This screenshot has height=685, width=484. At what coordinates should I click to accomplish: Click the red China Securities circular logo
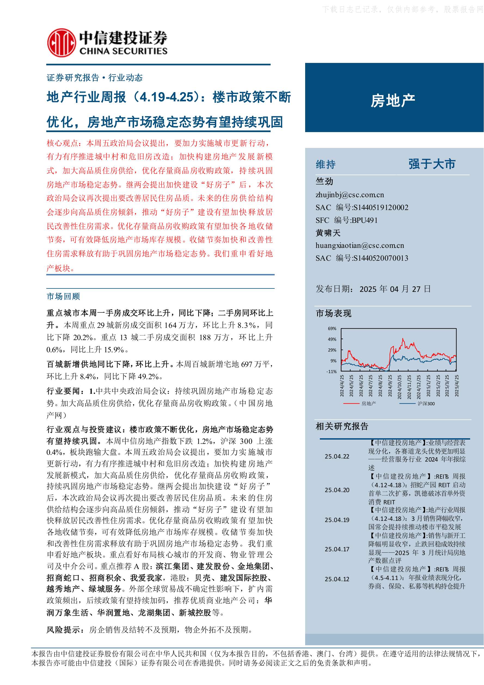click(x=61, y=43)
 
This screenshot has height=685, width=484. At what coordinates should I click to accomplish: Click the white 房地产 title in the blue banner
click(x=393, y=101)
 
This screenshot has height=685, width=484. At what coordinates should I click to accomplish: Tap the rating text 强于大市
click(x=432, y=164)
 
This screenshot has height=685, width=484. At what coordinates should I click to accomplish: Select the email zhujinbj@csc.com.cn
click(x=350, y=195)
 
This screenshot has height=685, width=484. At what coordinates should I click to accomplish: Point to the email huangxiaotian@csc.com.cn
click(x=360, y=246)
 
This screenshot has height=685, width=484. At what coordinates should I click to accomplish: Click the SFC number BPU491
click(x=364, y=220)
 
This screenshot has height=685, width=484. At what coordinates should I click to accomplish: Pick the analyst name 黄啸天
click(x=328, y=233)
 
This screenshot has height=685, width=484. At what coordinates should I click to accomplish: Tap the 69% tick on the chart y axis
click(x=332, y=328)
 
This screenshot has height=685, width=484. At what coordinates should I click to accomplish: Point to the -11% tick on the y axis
click(x=331, y=372)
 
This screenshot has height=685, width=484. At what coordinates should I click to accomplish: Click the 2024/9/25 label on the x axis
click(x=390, y=386)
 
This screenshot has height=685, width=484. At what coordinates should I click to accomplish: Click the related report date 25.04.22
click(x=337, y=456)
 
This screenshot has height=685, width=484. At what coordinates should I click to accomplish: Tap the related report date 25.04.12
click(x=337, y=579)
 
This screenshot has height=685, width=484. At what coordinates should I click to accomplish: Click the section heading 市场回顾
click(x=63, y=296)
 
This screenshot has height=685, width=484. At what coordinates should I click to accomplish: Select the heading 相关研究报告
click(x=342, y=426)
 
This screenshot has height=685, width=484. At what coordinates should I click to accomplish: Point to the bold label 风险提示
click(x=63, y=629)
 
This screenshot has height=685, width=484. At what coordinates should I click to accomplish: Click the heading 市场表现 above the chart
click(x=334, y=313)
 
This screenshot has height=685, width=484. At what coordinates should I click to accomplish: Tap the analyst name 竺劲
click(x=324, y=181)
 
